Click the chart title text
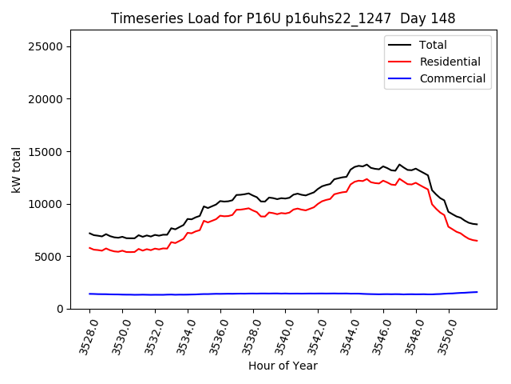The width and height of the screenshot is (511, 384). pyautogui.click(x=283, y=18)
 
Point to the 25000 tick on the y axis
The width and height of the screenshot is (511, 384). pyautogui.click(x=46, y=46)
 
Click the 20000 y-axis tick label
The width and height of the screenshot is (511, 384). pyautogui.click(x=46, y=99)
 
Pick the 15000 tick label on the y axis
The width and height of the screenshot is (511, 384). pyautogui.click(x=46, y=151)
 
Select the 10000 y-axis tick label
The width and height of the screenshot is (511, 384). pyautogui.click(x=46, y=204)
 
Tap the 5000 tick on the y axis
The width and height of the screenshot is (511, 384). pyautogui.click(x=49, y=257)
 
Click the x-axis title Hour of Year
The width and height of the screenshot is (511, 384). pyautogui.click(x=283, y=366)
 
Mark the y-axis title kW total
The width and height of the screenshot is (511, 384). pyautogui.click(x=16, y=170)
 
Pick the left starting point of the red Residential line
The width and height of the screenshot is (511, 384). pyautogui.click(x=89, y=248)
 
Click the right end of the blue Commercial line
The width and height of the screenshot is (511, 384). pyautogui.click(x=477, y=292)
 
